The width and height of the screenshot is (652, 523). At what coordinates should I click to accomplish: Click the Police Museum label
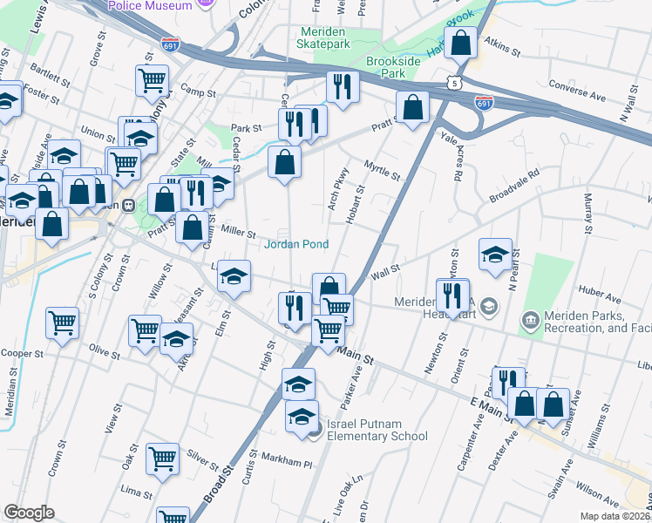point(149,6)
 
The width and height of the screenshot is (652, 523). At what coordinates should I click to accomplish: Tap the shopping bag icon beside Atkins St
point(462,41)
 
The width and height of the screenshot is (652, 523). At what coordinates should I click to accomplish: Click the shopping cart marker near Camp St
point(152,81)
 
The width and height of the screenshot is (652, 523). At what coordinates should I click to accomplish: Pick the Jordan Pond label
point(296,244)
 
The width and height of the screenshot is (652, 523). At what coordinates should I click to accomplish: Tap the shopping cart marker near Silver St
point(163,456)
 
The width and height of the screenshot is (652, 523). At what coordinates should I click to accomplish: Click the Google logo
point(29,512)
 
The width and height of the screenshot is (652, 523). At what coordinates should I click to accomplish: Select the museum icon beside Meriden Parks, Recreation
point(530,322)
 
